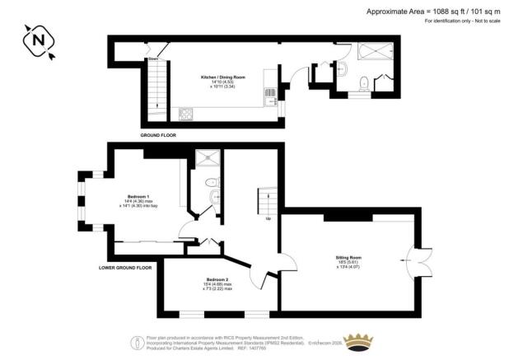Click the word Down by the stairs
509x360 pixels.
point(152,59)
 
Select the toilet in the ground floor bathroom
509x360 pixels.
point(362,81)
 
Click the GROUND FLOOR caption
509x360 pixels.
point(157,135)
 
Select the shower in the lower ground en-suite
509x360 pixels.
point(204,158)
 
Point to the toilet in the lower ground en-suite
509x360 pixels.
point(212,181)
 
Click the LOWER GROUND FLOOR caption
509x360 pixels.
point(125,268)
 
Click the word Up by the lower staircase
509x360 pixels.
point(266,219)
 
